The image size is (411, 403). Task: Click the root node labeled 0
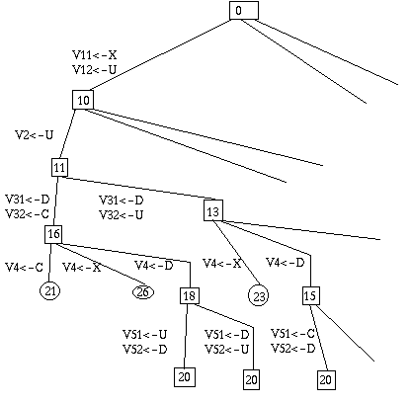[244, 11]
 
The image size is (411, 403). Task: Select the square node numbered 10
[83, 100]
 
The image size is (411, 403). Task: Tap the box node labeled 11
[59, 167]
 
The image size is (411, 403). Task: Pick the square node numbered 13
[213, 210]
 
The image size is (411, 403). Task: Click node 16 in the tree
[53, 234]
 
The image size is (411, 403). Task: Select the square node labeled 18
[190, 295]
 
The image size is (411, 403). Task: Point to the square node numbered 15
[310, 295]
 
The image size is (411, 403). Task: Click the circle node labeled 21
[50, 291]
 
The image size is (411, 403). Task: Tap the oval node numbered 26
[143, 292]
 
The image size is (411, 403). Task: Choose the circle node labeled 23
[258, 295]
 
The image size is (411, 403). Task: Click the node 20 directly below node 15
[326, 380]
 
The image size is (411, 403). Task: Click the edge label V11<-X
[95, 54]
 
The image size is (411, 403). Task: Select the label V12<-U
[95, 70]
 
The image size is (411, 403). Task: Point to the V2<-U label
[35, 135]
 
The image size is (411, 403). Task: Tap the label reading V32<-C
[28, 214]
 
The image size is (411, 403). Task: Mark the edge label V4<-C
[25, 268]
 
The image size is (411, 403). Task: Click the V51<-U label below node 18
[145, 335]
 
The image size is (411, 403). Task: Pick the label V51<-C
[292, 334]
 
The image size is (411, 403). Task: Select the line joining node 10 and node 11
[67, 133]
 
